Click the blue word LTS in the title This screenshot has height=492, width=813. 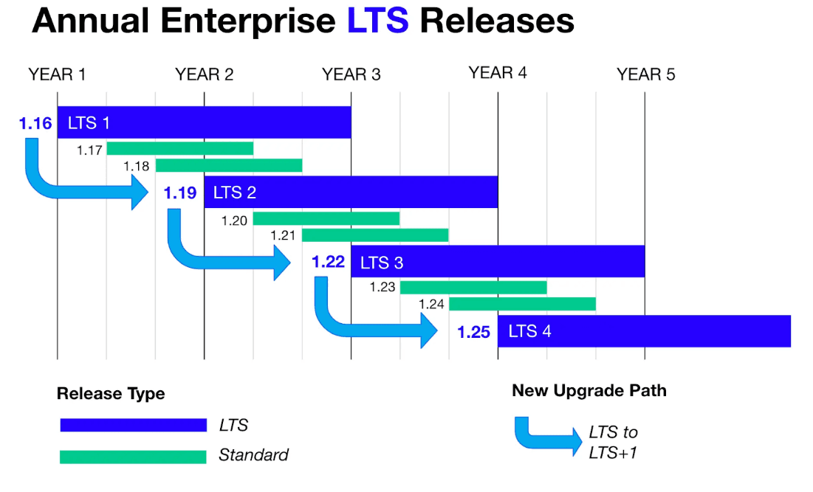(377, 21)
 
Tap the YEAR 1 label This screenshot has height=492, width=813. (58, 75)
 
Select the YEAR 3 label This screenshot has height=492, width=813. (351, 75)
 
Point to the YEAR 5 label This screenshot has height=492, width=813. (646, 75)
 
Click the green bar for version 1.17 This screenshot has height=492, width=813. (180, 148)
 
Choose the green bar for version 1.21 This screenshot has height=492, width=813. (375, 235)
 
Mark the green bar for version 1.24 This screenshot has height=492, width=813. (522, 304)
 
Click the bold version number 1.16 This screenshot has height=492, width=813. (35, 123)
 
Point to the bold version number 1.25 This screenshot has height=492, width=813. (473, 332)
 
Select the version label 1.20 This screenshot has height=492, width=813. (234, 220)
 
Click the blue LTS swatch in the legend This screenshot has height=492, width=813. (134, 425)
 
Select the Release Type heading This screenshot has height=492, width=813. (111, 394)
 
